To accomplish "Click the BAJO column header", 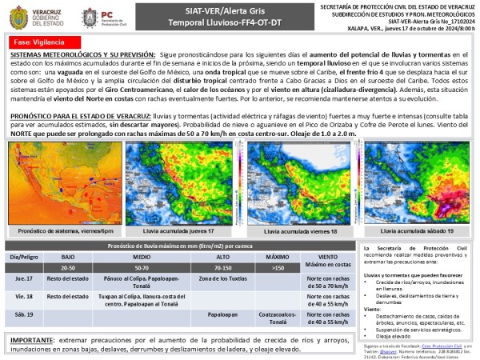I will (x=67, y=257).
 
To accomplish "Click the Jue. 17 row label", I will (x=24, y=279).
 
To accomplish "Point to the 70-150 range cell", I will (x=222, y=266).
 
